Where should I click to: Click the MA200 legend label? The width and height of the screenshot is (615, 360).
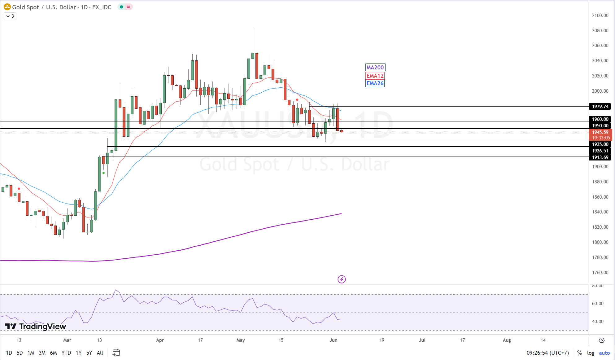[x=375, y=68]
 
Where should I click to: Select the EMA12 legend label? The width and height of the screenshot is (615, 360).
[x=375, y=76]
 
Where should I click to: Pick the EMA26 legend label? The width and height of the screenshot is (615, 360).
[x=375, y=83]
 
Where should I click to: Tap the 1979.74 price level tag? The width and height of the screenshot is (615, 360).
[x=600, y=107]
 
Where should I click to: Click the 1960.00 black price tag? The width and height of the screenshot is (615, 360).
[x=600, y=119]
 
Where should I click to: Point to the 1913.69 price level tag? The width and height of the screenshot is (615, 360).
[x=600, y=157]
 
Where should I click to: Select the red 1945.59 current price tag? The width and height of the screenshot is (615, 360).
[x=600, y=132]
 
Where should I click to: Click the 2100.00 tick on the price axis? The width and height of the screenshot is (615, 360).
[x=600, y=15]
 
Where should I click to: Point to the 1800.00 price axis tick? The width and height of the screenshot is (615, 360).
[x=600, y=242]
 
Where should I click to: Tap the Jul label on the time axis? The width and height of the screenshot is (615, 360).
[x=422, y=340]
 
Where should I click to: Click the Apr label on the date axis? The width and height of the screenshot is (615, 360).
[x=160, y=340]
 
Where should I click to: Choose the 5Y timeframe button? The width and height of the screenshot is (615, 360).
[x=89, y=353]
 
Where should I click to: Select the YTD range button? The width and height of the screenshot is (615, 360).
[x=66, y=353]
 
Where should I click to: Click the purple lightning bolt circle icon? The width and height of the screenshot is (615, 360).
[x=342, y=279]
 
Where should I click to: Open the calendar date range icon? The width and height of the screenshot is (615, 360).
[x=116, y=353]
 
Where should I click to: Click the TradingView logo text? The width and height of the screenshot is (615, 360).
[x=36, y=327]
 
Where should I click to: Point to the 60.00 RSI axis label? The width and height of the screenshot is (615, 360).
[x=598, y=304]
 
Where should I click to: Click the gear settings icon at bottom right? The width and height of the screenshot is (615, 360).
[x=602, y=340]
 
